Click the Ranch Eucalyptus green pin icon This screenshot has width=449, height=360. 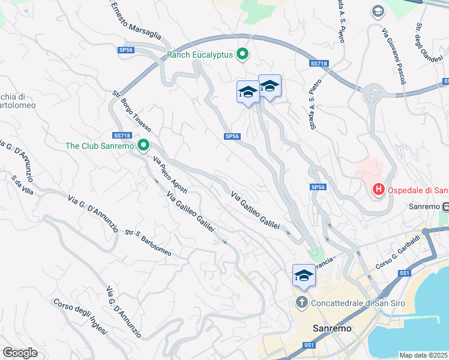point(243,55)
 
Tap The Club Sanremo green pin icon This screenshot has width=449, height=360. point(143,145)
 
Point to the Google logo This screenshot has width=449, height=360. point(20,352)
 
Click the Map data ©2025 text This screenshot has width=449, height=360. point(423,355)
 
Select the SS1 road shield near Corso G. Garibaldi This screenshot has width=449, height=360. point(404,273)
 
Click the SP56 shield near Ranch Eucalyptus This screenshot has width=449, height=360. point(125,50)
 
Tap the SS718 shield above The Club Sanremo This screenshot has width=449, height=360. point(121,136)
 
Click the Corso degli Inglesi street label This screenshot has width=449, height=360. point(80,317)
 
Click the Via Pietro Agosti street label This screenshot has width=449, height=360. point(170,175)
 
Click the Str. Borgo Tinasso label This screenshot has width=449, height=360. point(131,112)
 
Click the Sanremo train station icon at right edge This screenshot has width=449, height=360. point(445,206)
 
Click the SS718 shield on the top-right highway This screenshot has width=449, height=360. point(318,63)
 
